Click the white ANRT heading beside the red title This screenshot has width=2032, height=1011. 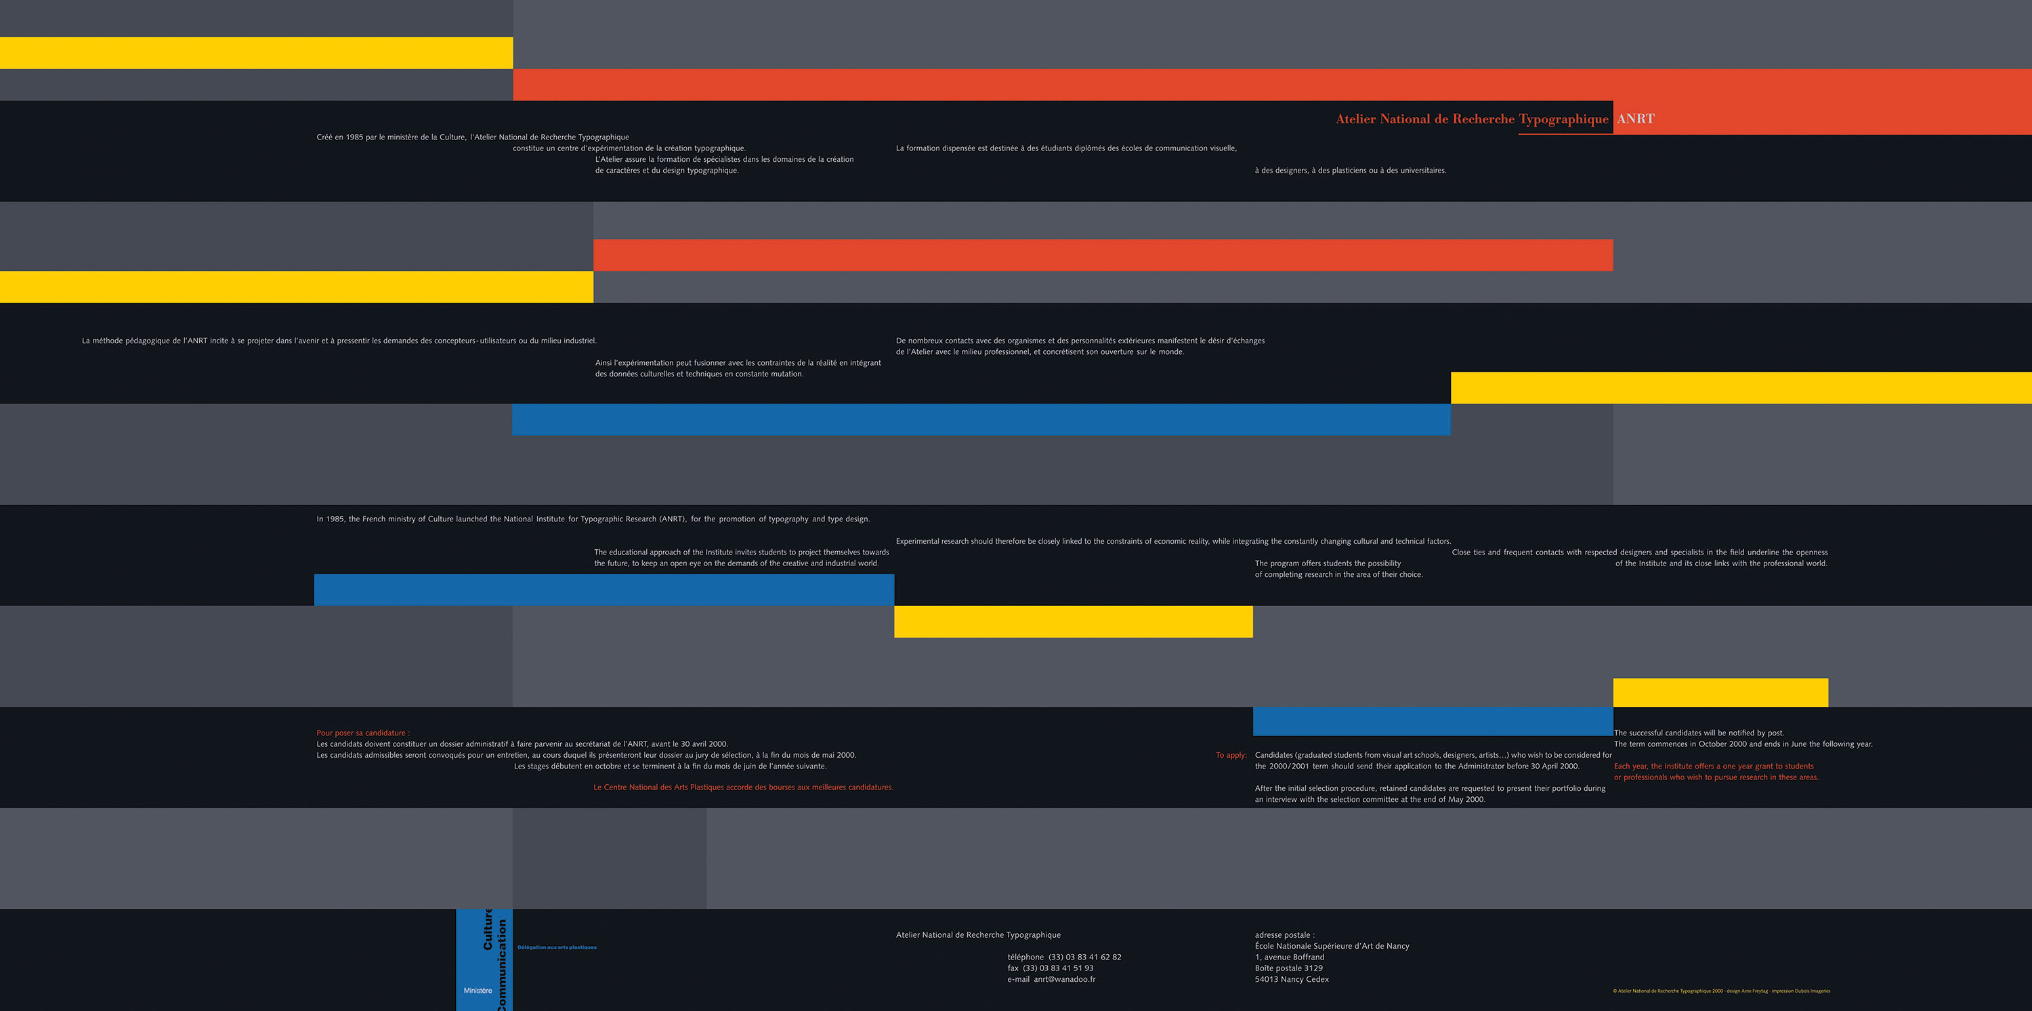point(1635,119)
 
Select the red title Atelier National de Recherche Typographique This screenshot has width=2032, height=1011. point(1471,119)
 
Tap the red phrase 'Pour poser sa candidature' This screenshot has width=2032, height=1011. point(363,733)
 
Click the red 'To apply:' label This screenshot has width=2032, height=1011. point(1231,756)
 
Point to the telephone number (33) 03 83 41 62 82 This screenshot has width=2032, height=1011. point(1084,958)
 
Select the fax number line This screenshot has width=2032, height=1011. point(1050,968)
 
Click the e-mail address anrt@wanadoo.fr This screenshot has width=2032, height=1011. point(1064,979)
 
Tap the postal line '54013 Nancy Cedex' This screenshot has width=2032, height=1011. point(1291,979)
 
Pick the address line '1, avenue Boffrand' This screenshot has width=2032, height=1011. point(1289,958)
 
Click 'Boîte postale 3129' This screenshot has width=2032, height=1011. point(1288,968)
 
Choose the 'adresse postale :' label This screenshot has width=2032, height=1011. point(1284,935)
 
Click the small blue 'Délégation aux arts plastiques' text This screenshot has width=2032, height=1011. point(557,947)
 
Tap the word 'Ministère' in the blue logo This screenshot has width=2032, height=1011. point(478,991)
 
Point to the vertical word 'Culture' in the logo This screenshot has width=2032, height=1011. point(488,930)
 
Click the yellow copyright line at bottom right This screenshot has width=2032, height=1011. point(1721,991)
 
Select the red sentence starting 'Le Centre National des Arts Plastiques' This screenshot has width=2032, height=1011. point(743,787)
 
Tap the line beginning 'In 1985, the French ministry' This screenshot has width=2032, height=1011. point(593,519)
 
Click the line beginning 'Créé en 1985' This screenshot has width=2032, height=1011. point(473,137)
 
